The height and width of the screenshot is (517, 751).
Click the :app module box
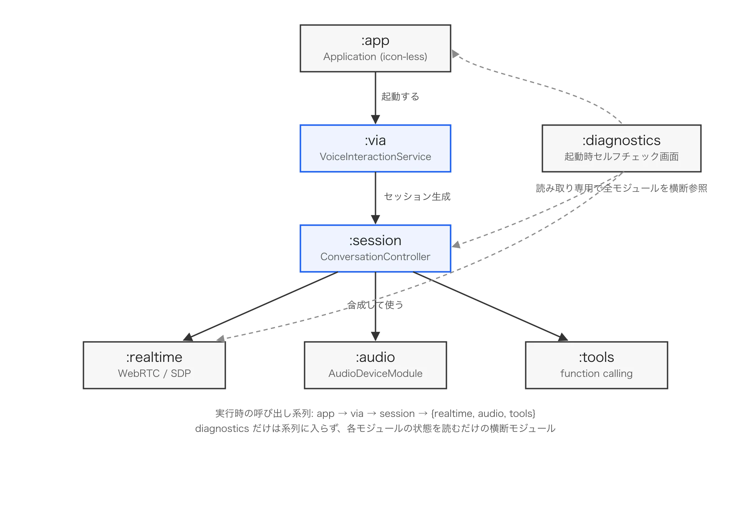(375, 48)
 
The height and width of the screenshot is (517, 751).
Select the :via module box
(375, 148)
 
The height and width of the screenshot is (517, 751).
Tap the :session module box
(375, 248)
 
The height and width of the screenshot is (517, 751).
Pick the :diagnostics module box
(622, 148)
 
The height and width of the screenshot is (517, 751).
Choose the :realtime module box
(154, 365)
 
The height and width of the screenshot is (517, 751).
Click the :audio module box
(375, 365)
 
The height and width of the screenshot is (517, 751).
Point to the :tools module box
(597, 365)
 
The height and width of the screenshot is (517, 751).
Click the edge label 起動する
(400, 97)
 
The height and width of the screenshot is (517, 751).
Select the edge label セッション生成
(417, 197)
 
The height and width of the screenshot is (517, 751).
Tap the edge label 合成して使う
(375, 305)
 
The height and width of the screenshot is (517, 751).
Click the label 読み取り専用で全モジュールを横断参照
(622, 188)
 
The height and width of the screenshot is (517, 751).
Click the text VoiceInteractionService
(375, 157)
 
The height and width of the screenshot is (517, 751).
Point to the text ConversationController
(375, 257)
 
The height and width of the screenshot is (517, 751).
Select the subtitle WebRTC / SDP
(154, 374)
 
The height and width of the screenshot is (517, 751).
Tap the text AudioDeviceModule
(375, 374)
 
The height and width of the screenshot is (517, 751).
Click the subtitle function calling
(597, 374)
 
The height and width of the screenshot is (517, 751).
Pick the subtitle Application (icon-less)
(375, 57)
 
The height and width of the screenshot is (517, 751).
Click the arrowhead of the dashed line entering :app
(455, 54)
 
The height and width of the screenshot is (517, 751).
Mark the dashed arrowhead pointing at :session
(456, 245)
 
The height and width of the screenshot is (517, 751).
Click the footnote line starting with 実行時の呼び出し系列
(375, 414)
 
